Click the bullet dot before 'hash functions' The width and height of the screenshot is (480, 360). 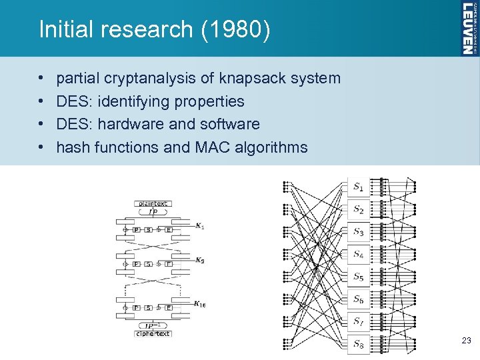[x=42, y=147]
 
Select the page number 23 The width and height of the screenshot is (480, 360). [x=466, y=341]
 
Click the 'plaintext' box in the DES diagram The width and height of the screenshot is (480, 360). [x=153, y=203]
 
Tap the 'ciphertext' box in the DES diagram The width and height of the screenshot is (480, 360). [x=153, y=333]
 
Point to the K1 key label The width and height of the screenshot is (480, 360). [x=199, y=227]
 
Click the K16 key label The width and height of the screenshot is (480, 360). [x=201, y=304]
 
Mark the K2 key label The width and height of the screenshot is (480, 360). [x=199, y=259]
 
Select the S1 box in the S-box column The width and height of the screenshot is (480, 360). [x=359, y=187]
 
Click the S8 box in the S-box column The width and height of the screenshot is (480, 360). [x=359, y=344]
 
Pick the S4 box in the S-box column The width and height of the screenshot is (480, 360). [x=359, y=254]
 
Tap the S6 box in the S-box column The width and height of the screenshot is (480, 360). [x=359, y=299]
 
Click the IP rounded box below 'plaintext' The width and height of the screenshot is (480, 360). [x=153, y=211]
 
